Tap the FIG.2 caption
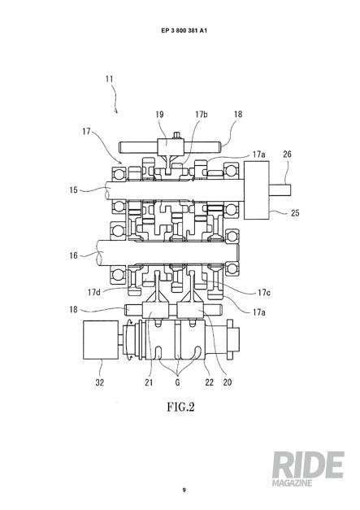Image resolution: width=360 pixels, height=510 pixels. tap(180, 407)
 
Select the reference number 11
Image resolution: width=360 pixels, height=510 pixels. tap(109, 79)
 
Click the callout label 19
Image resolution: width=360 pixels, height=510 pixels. tap(159, 115)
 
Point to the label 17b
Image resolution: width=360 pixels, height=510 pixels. tap(202, 114)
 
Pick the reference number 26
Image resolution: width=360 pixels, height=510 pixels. tap(287, 155)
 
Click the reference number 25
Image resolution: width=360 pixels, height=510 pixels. tap(295, 213)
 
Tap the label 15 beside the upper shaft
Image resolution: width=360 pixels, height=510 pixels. tap(74, 190)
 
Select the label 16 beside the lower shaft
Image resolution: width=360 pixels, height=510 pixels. tap(74, 255)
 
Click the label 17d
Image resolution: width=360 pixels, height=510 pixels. tap(94, 292)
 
